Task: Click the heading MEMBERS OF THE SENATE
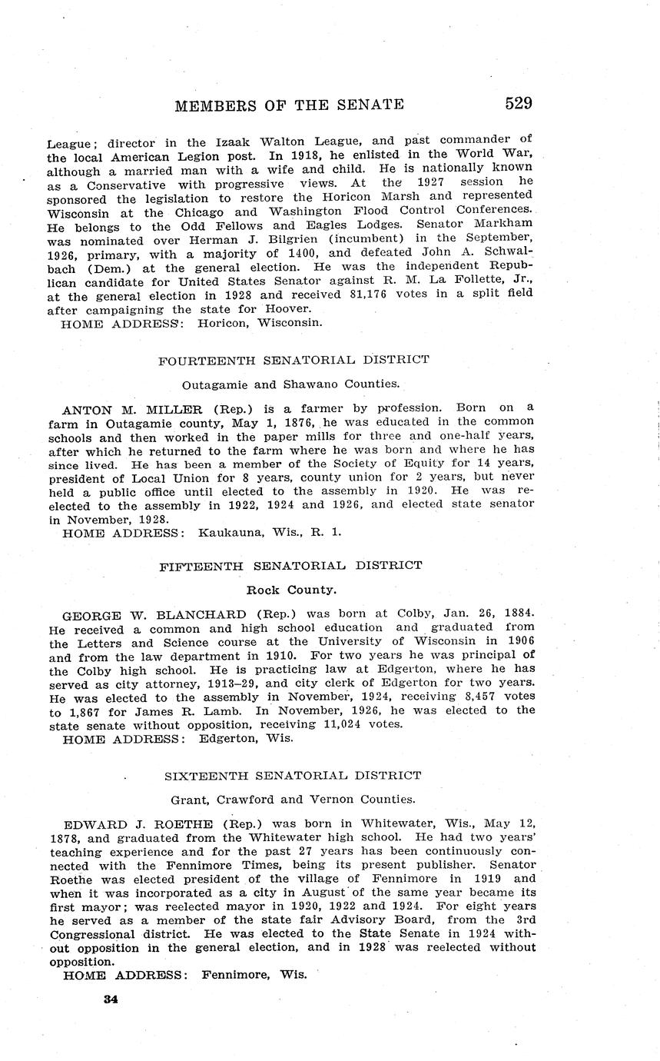(x=290, y=105)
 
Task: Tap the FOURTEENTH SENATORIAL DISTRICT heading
(x=294, y=359)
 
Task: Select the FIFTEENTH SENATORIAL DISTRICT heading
(x=290, y=565)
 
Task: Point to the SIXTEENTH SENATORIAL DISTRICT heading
(x=290, y=775)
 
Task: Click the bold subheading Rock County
(x=290, y=590)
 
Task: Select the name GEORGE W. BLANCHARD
(x=154, y=614)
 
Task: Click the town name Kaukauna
(x=229, y=532)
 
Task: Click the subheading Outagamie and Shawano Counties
(x=290, y=384)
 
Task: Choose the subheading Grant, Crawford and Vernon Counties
(x=290, y=799)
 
